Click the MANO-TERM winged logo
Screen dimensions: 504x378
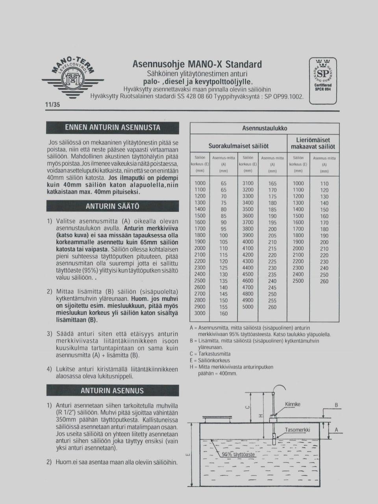coord(73,79)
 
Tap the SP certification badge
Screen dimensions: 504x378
coord(323,80)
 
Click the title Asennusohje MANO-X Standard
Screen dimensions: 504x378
coord(197,64)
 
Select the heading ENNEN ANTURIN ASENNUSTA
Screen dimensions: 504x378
coord(112,128)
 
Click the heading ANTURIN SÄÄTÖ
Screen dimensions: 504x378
coord(112,206)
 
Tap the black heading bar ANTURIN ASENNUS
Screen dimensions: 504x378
coord(112,391)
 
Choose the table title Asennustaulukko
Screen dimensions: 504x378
coord(264,128)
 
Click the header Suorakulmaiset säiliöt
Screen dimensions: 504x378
coord(238,146)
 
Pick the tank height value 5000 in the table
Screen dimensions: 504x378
coord(248,307)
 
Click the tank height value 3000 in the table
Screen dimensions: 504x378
coord(200,313)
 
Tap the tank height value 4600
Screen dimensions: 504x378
coord(248,281)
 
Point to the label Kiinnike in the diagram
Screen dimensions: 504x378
coord(293,404)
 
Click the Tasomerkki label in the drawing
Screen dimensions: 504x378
coord(297,430)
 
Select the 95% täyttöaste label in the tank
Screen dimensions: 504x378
coord(238,454)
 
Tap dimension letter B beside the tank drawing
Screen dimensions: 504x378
coord(337,405)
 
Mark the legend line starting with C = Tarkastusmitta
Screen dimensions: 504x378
coord(210,354)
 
